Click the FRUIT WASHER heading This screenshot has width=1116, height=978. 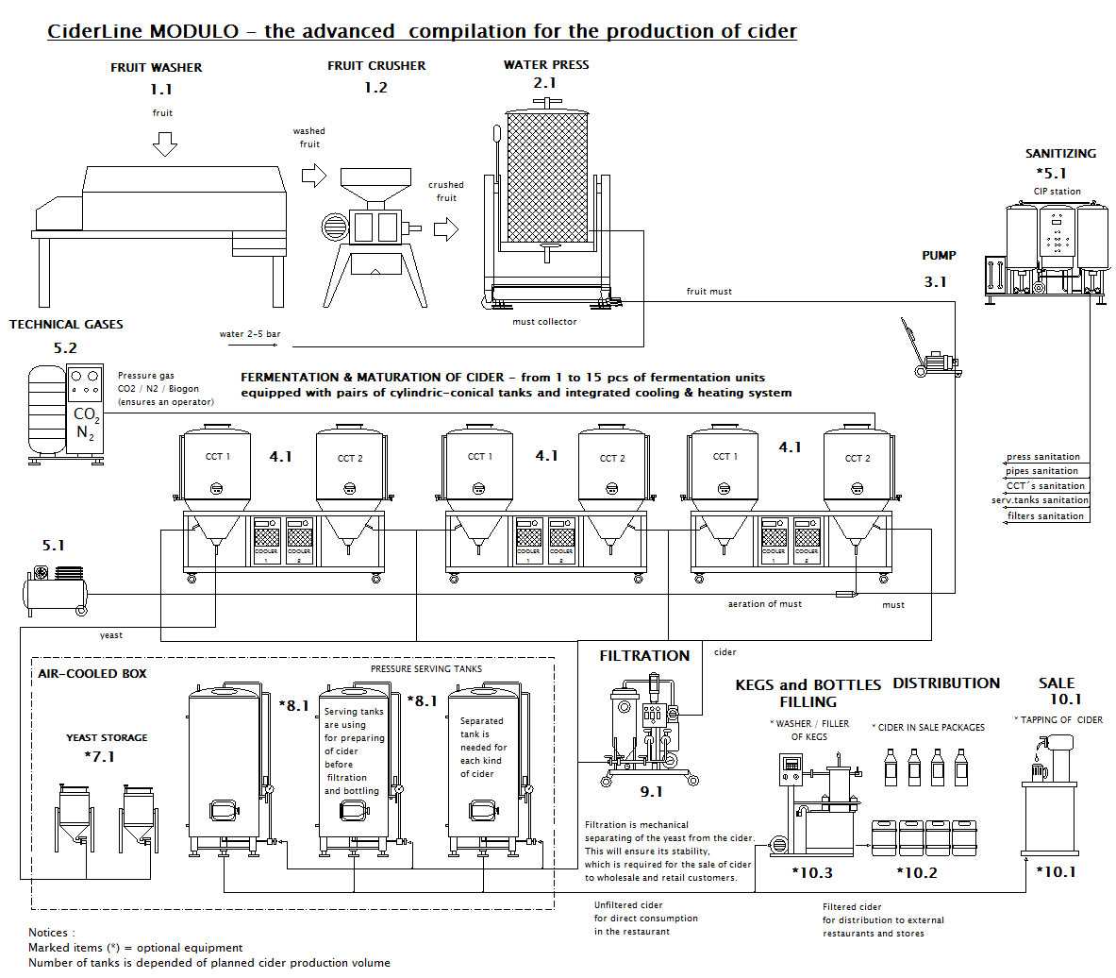[156, 68]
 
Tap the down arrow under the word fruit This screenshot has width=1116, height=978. [164, 143]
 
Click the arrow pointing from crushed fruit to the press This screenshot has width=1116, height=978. [445, 229]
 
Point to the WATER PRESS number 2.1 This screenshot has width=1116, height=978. [544, 83]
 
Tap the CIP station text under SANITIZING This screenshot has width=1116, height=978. [1057, 192]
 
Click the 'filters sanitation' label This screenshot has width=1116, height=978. [1045, 516]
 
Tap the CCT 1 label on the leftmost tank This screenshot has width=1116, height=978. [217, 457]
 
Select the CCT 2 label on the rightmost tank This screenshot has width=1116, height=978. [857, 459]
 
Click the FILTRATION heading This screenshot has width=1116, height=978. [644, 656]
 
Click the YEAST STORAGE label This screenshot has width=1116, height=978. [107, 738]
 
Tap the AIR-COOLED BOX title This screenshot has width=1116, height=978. [92, 674]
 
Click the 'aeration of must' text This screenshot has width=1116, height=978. [764, 604]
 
